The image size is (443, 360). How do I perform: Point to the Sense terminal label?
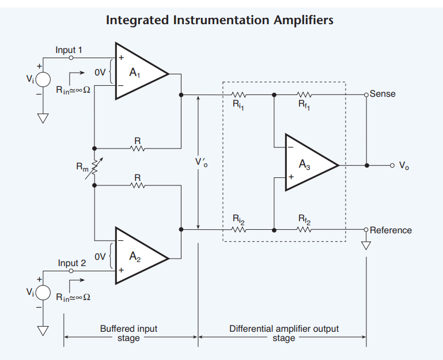pos(383,94)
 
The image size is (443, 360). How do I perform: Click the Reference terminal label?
pos(391,230)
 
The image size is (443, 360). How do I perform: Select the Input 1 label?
pos(69,50)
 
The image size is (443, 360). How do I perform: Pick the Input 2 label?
pos(71,263)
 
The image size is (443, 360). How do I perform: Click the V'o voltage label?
pos(201,163)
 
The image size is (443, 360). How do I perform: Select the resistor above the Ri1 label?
pos(238,94)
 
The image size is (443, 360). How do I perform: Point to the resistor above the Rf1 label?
pos(304,94)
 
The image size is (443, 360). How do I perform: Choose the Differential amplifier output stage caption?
pos(284,334)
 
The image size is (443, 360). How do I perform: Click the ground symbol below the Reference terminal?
pos(366,245)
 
